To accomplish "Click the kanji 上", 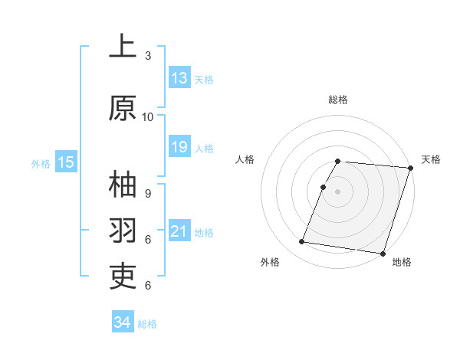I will tap(123, 47).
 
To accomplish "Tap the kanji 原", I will tap(123, 109).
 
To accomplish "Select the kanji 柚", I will tap(123, 186).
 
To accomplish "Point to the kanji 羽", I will tap(123, 231).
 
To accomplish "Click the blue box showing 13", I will tap(179, 78).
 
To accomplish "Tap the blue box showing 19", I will tap(179, 148).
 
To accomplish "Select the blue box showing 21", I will tap(179, 231).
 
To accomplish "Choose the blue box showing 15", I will tap(66, 162).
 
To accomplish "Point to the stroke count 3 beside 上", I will tap(148, 56).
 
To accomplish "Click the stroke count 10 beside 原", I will tap(148, 117).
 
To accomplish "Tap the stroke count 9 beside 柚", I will tap(148, 194).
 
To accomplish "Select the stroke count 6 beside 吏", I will tap(148, 285).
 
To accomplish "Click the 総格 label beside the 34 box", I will tap(147, 324).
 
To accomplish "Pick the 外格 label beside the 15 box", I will tap(41, 163).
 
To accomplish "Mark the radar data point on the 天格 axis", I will tap(410, 168).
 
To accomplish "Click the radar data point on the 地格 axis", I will tap(383, 253).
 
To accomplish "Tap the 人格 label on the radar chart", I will tap(245, 159).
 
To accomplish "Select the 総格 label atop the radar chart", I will tap(338, 100).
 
